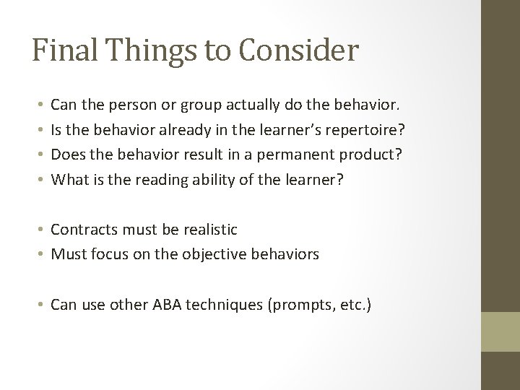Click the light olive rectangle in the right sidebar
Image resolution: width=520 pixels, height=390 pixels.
500,331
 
